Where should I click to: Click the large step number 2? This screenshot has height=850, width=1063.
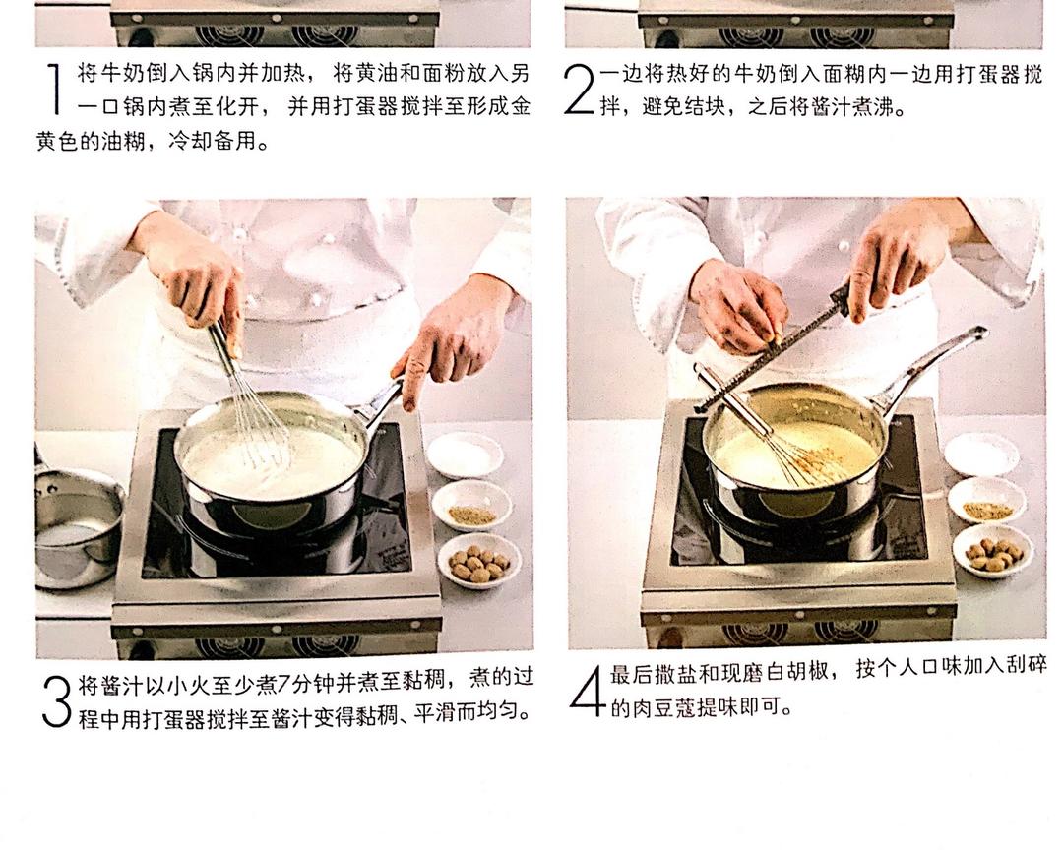pyautogui.click(x=579, y=91)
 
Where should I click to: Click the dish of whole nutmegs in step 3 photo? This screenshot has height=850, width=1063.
pyautogui.click(x=479, y=561)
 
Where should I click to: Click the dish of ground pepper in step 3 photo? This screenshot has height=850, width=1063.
pyautogui.click(x=471, y=506)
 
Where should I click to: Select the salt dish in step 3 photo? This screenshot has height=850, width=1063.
pyautogui.click(x=465, y=455)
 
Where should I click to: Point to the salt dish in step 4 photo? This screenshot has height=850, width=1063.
pyautogui.click(x=981, y=453)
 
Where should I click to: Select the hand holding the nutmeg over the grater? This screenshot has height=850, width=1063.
pyautogui.click(x=736, y=305)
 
